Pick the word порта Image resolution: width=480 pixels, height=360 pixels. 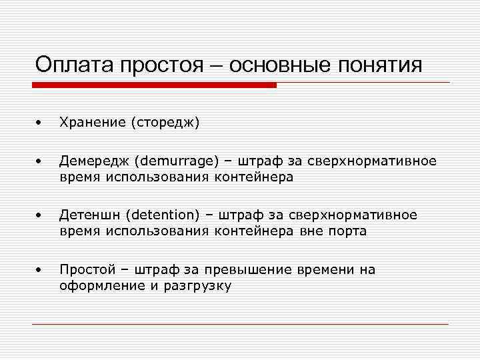[345, 231]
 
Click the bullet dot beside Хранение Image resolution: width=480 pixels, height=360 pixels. [40, 123]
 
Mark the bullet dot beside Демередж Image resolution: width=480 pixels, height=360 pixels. [40, 161]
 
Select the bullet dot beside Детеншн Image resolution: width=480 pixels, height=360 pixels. [40, 215]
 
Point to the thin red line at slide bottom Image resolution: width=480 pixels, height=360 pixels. [240, 324]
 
